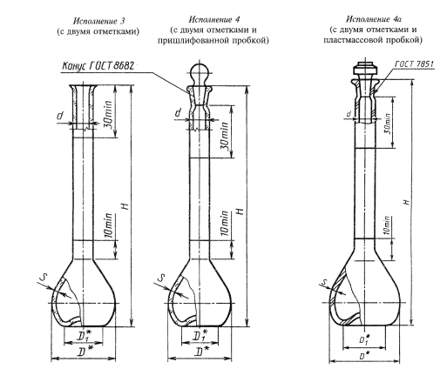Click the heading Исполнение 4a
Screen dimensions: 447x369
pyautogui.click(x=374, y=19)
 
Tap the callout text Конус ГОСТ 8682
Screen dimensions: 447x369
pyautogui.click(x=98, y=66)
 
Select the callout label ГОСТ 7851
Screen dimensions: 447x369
pyautogui.click(x=414, y=64)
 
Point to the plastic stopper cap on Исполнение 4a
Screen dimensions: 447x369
pyautogui.click(x=365, y=69)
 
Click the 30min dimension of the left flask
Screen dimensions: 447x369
pyautogui.click(x=108, y=111)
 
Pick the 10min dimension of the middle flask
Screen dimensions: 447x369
pyautogui.click(x=225, y=223)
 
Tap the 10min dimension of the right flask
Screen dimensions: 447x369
pyautogui.click(x=387, y=225)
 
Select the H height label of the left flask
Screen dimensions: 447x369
pyautogui.click(x=125, y=206)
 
